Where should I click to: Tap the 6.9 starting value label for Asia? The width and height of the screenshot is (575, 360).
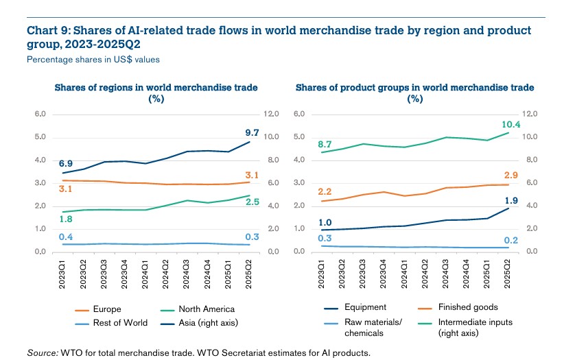pos(66,165)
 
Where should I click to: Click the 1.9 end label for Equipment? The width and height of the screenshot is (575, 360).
pos(510,201)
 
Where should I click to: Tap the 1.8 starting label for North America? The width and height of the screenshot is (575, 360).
pos(66,219)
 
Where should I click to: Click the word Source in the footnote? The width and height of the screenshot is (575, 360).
pos(42,352)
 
